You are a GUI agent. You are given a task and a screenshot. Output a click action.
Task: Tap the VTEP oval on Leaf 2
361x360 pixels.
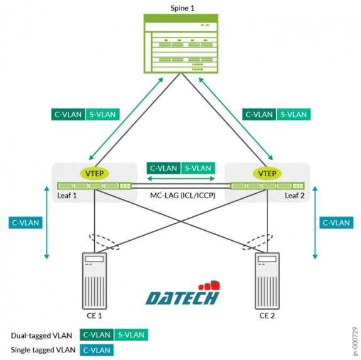coord(267,173)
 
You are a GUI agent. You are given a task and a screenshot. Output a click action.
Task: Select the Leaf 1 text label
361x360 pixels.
coord(65,196)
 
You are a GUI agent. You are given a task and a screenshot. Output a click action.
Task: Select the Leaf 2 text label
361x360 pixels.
coord(296,196)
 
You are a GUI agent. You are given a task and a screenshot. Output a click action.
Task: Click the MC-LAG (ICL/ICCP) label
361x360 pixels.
coord(181,196)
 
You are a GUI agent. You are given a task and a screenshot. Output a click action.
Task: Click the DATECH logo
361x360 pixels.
coord(182,295)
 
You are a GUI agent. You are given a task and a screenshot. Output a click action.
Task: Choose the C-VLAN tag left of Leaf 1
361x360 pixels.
coord(26,222)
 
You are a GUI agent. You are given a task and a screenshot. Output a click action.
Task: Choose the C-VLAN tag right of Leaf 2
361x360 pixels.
coord(335,222)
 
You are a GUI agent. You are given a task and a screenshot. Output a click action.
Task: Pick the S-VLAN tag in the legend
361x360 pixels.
coord(131,335)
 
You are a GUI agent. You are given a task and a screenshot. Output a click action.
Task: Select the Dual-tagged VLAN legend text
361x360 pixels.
coord(40,335)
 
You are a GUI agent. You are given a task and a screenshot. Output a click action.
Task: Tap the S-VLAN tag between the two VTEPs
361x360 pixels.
coord(198,168)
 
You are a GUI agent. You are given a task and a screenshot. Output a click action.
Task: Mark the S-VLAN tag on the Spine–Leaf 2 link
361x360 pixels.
coord(293,114)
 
